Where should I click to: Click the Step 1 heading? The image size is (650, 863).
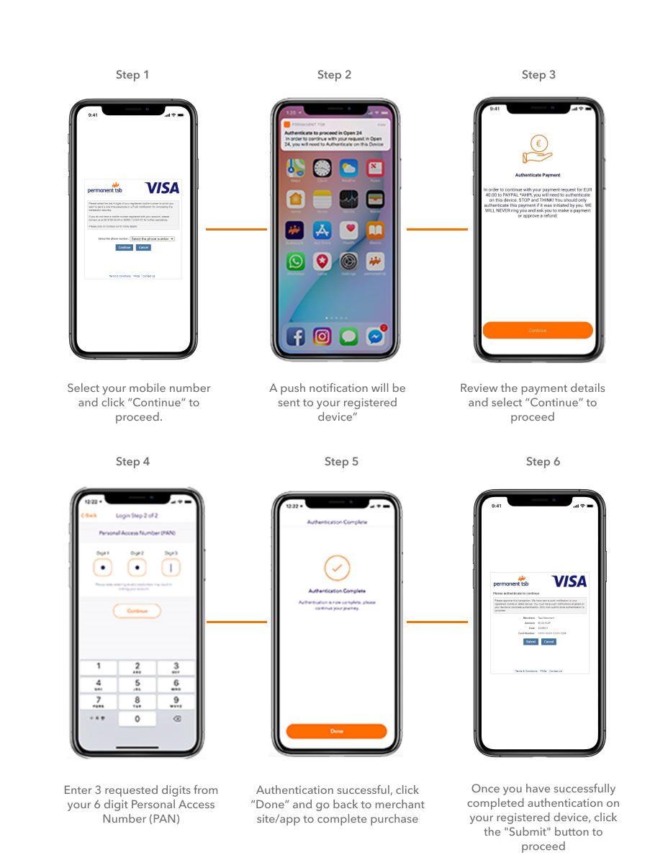132,75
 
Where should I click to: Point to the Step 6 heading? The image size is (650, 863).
543,462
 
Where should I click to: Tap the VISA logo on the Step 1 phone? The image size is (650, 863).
162,188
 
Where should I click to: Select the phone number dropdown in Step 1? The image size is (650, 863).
153,238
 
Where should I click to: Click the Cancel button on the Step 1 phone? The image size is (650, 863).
143,247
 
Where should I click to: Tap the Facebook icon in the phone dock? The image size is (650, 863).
296,336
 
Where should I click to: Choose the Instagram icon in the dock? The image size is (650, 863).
322,336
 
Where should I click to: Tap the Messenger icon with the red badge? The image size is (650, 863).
375,336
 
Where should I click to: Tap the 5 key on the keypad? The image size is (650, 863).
137,684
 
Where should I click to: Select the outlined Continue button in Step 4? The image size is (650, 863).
137,611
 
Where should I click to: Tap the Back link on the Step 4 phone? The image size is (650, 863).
89,516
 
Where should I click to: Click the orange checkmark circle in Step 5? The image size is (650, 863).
336,568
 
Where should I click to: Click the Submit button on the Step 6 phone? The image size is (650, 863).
531,641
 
